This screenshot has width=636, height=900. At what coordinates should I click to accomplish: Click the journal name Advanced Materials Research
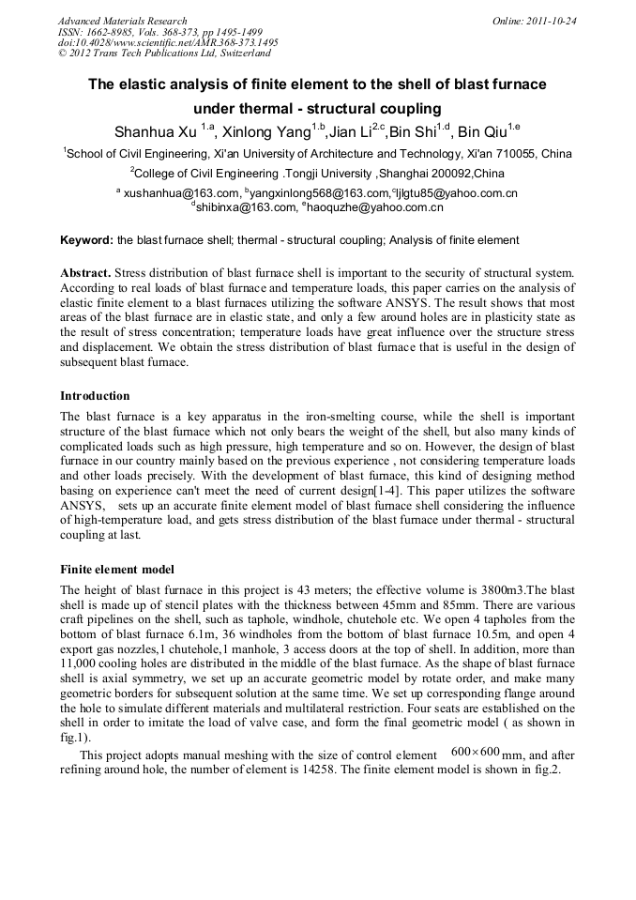click(122, 21)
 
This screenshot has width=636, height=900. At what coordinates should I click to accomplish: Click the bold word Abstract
click(84, 272)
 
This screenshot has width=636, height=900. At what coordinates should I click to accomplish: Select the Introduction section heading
click(95, 396)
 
